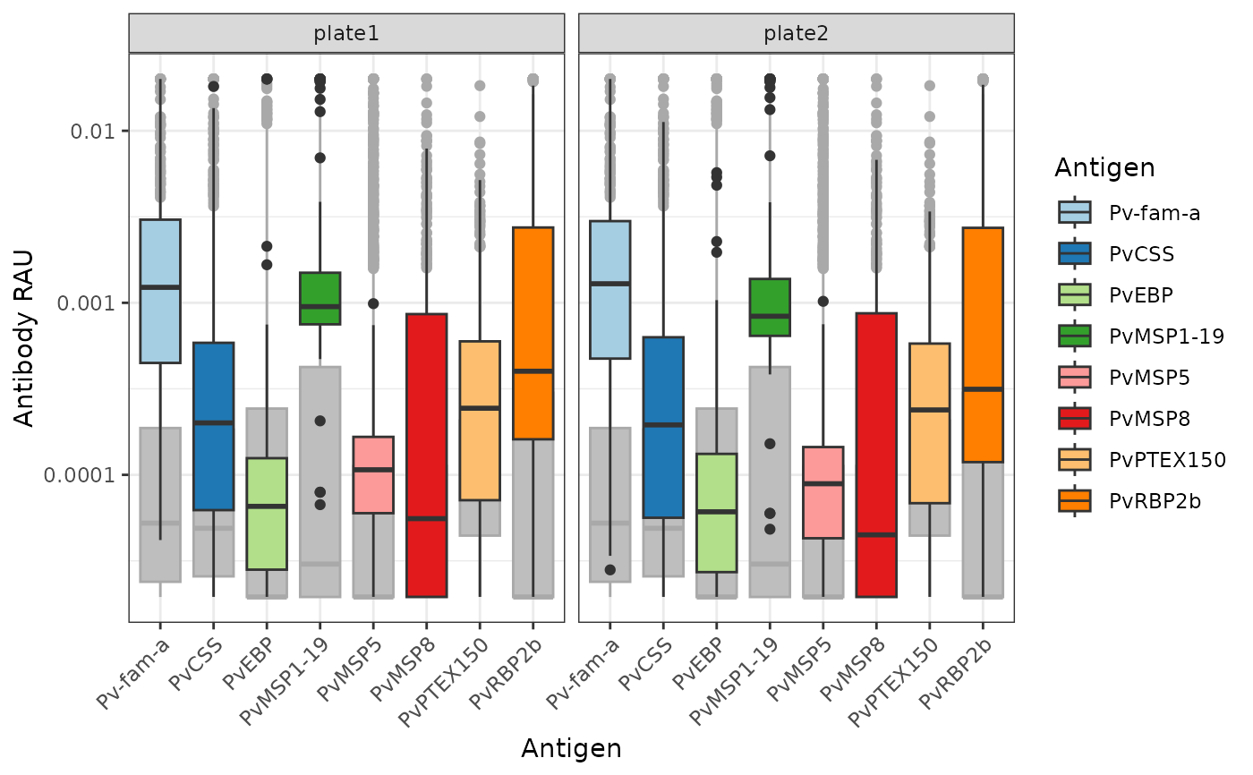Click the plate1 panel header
(346, 34)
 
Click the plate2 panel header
(796, 34)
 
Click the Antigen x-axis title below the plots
(571, 748)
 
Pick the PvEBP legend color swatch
(1074, 294)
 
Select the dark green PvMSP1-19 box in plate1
(320, 298)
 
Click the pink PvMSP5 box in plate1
(373, 474)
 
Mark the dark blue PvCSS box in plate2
(662, 427)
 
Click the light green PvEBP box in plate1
(267, 513)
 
